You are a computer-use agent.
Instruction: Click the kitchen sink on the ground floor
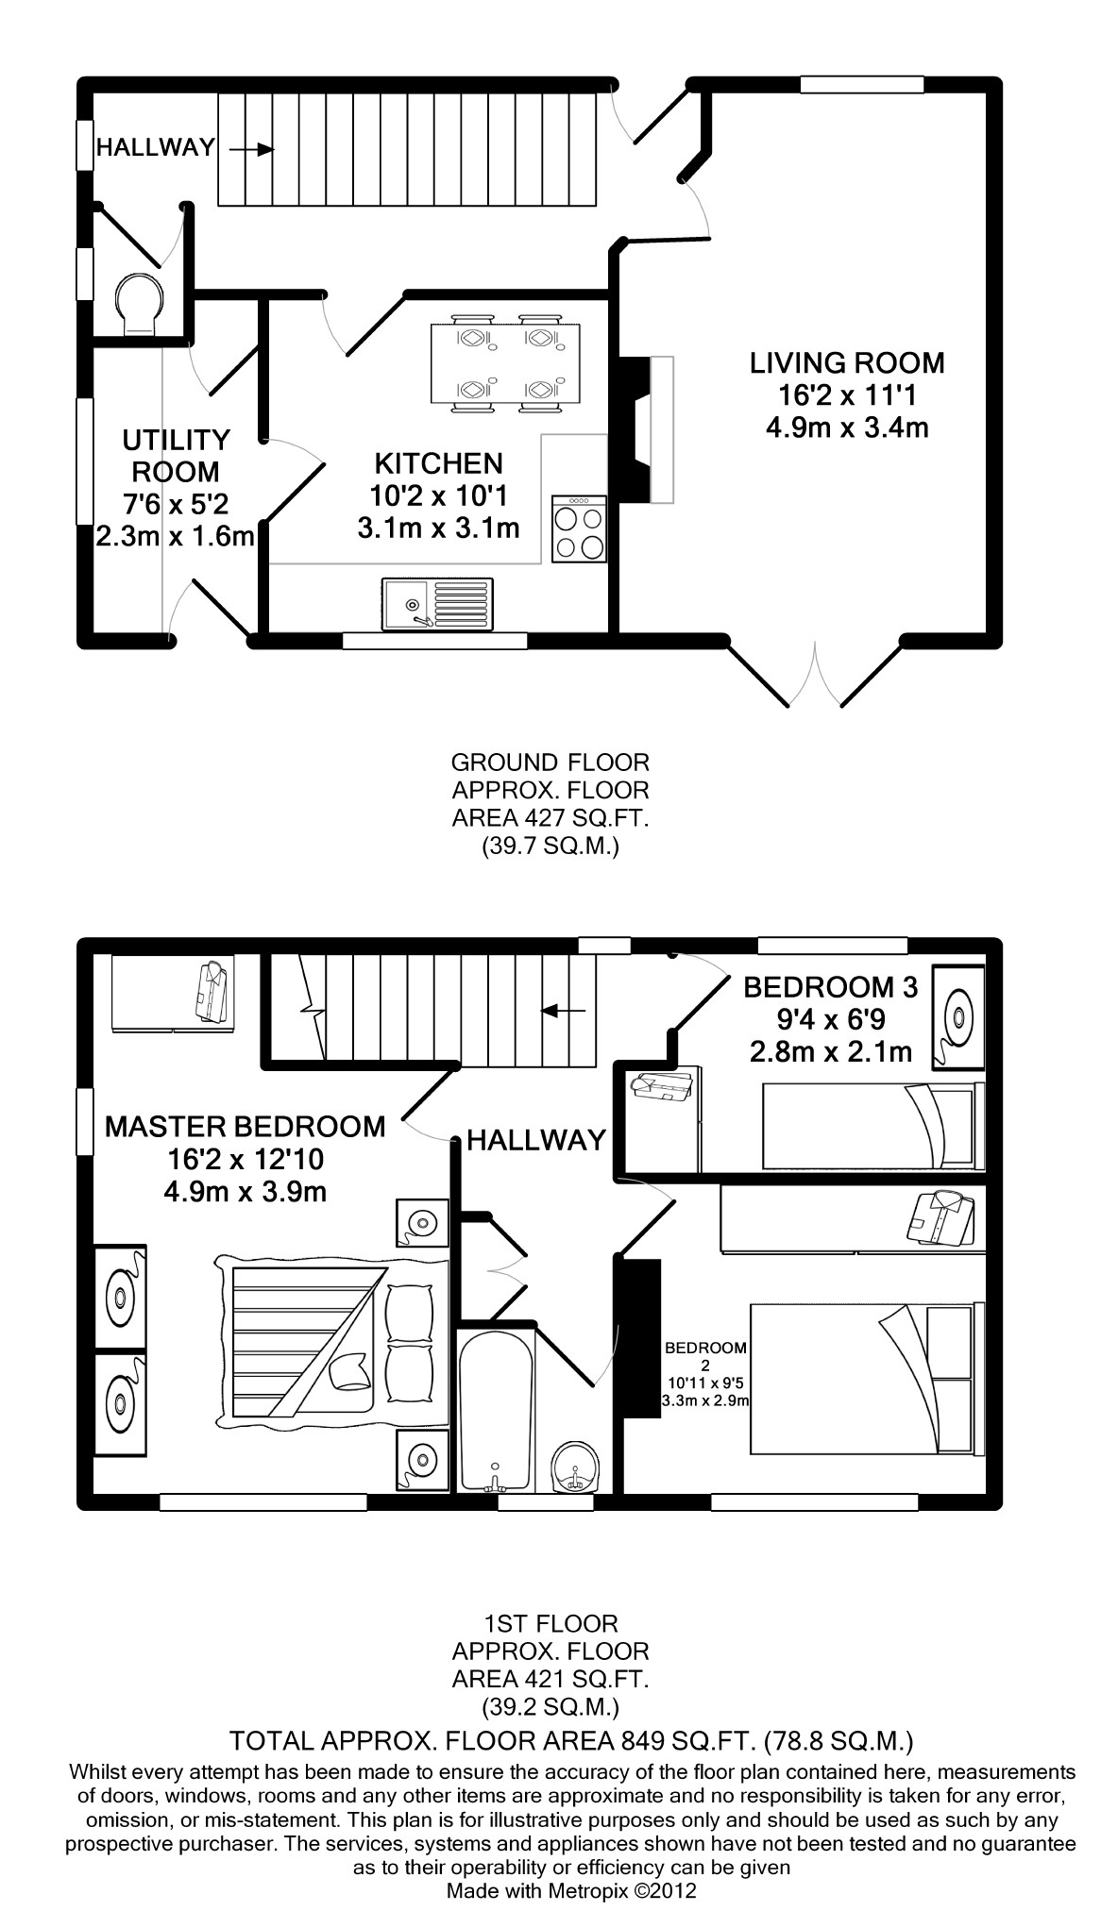point(437,604)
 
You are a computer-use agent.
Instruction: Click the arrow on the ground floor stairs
point(251,149)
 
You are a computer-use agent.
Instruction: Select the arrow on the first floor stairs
point(563,1012)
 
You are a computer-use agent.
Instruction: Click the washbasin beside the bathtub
point(574,1466)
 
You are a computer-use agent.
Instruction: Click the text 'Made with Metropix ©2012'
point(571,1891)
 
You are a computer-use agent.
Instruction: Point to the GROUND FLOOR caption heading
point(550,762)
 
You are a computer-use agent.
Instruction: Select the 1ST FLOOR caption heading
point(550,1624)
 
